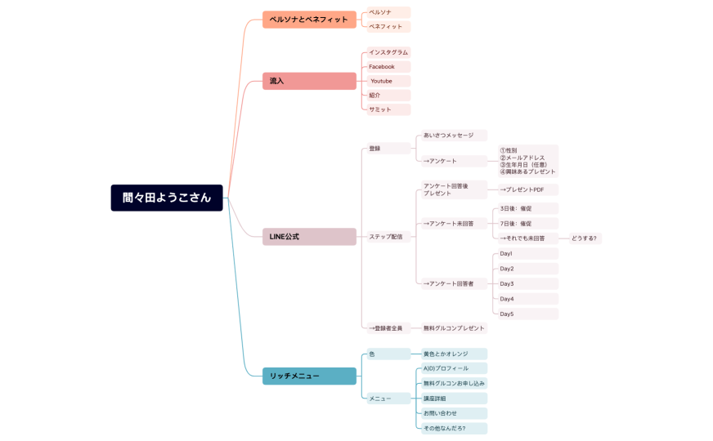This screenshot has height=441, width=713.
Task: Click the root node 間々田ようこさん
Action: (x=167, y=198)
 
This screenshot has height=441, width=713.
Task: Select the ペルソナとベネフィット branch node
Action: (x=309, y=20)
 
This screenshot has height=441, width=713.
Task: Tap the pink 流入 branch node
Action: (x=309, y=81)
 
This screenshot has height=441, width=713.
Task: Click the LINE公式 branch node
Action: (x=309, y=237)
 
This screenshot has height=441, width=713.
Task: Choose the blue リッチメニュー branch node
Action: (x=309, y=376)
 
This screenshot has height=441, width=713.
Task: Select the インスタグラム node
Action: (x=388, y=52)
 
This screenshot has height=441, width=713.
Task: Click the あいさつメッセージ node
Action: (x=452, y=135)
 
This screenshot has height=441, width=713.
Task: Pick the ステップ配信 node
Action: (x=387, y=237)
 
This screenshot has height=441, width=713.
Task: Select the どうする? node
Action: (x=585, y=238)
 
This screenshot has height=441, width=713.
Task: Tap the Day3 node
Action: (x=527, y=283)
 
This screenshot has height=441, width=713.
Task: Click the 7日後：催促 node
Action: (x=527, y=223)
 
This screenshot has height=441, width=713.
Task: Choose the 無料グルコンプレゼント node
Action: (x=454, y=328)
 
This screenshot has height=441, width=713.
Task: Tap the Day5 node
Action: (x=527, y=314)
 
